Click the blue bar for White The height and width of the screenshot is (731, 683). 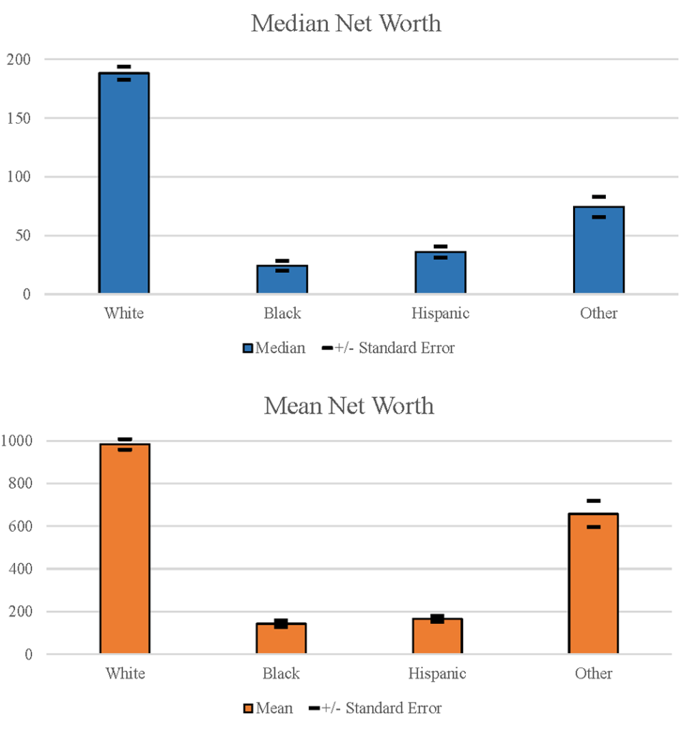click(x=124, y=183)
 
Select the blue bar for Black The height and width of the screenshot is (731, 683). click(x=282, y=279)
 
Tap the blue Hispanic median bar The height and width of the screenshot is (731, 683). click(x=440, y=272)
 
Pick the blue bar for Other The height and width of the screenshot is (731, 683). click(x=599, y=250)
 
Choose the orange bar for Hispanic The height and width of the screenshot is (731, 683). click(x=437, y=636)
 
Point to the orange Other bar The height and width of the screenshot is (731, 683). click(x=593, y=583)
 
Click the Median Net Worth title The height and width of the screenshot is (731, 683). click(x=346, y=24)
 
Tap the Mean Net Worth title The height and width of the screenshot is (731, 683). click(x=349, y=406)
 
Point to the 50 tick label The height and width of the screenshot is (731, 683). click(x=24, y=236)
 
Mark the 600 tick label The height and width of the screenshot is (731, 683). click(x=19, y=527)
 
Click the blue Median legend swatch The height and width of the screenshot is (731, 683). click(x=248, y=349)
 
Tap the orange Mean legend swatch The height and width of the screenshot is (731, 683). click(x=248, y=709)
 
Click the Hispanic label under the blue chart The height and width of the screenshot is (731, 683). click(x=440, y=313)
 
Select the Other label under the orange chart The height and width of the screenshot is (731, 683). click(x=594, y=674)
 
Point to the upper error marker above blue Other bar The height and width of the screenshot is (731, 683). click(x=599, y=197)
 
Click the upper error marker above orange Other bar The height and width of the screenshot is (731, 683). click(x=593, y=500)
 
